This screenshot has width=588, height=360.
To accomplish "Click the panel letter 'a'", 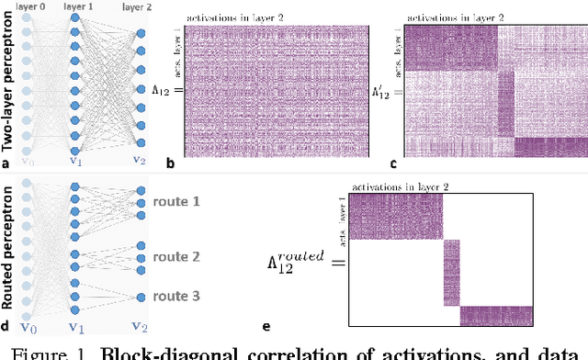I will pyautogui.click(x=6, y=164).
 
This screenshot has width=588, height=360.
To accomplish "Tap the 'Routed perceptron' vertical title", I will pyautogui.click(x=8, y=249).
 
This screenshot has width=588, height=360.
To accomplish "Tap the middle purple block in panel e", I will pyautogui.click(x=450, y=274).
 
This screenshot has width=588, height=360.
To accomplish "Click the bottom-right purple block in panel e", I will pyautogui.click(x=502, y=316).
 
